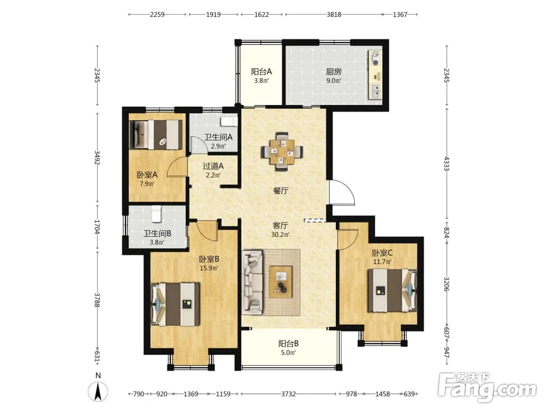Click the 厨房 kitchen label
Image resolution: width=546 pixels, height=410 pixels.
tap(334, 72)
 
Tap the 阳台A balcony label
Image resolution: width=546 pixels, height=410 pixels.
tap(261, 72)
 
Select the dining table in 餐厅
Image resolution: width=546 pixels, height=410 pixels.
tap(282, 151)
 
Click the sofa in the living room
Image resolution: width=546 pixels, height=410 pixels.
tap(252, 280)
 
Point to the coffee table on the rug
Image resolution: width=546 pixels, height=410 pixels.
tap(281, 282)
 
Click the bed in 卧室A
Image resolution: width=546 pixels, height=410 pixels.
tap(156, 135)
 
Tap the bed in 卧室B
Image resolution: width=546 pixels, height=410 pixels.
tap(175, 304)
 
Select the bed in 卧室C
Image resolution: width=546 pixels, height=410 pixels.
tap(392, 290)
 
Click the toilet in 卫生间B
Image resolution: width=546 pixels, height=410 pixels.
tap(156, 214)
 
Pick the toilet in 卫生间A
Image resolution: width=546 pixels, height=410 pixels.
tap(229, 121)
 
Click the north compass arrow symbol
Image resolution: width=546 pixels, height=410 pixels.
tap(98, 391)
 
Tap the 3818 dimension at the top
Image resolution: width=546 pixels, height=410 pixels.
tap(334, 15)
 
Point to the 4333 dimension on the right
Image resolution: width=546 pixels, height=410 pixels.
tap(447, 163)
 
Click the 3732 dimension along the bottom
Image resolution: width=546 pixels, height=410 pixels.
tap(288, 394)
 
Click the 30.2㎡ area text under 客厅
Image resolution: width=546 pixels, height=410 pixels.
tap(280, 235)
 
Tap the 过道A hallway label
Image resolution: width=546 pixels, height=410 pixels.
tap(213, 166)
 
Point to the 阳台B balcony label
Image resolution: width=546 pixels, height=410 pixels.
tap(288, 344)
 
